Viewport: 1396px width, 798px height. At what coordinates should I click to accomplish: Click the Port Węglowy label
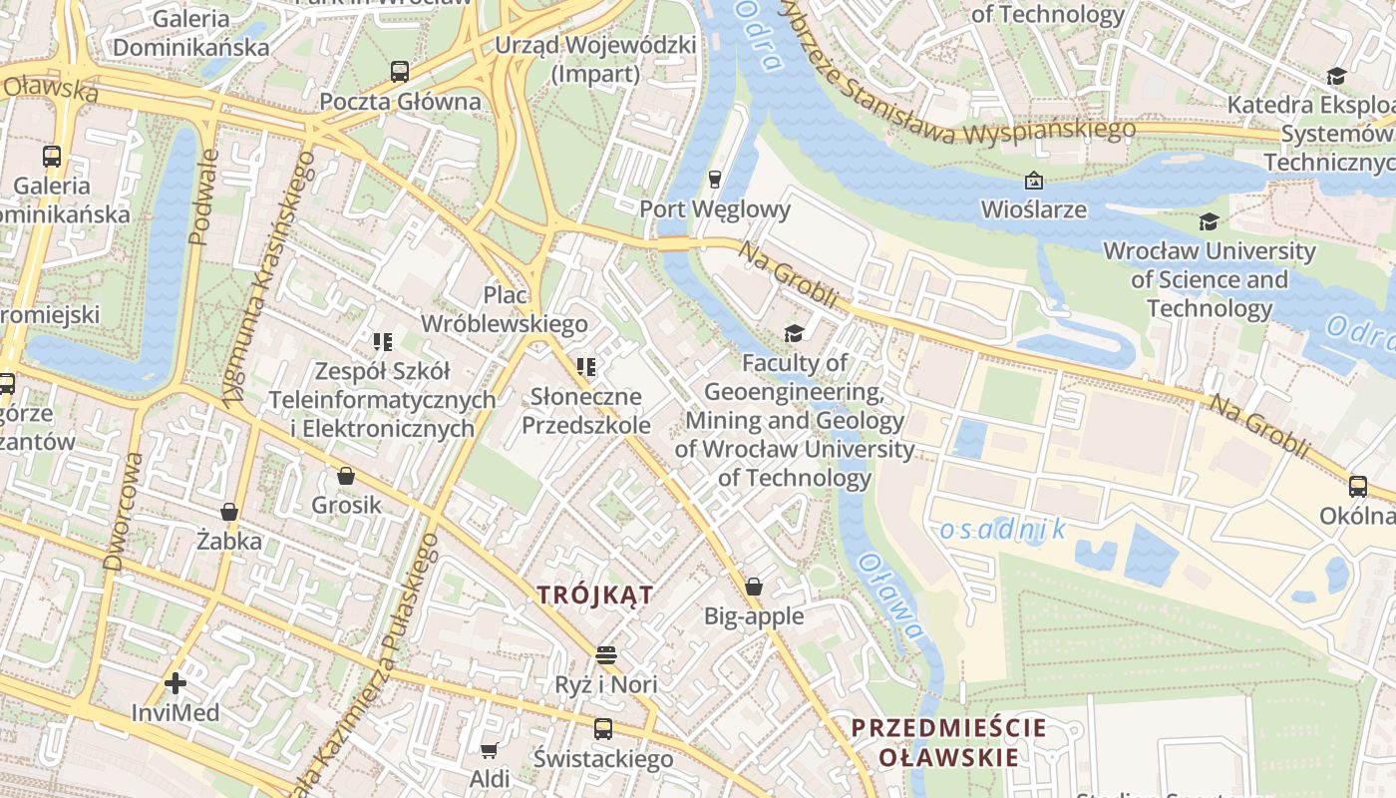tap(714, 209)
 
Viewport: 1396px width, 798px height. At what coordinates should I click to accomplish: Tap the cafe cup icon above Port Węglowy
tap(714, 180)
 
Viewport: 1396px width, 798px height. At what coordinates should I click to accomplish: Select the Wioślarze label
tap(1034, 209)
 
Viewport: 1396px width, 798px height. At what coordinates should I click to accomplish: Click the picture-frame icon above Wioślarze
tap(1034, 181)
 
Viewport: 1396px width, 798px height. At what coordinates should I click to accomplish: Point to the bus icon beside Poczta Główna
tap(400, 72)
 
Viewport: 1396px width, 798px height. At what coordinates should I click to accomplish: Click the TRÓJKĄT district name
tap(595, 596)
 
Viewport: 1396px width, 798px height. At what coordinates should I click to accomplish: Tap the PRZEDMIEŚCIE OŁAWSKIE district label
tap(948, 742)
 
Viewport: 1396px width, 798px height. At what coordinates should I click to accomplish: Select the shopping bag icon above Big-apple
tap(754, 587)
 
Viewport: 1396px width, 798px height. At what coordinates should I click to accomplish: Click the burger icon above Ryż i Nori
tap(606, 655)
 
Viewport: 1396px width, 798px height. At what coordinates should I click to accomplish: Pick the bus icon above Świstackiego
tap(603, 729)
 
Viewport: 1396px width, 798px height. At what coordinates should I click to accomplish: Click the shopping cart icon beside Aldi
tap(489, 749)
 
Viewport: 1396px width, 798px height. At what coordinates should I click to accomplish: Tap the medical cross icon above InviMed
tap(175, 683)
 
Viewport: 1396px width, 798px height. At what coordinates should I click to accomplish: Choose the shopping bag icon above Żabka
tap(229, 512)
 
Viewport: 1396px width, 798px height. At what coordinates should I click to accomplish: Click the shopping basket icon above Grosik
tap(346, 476)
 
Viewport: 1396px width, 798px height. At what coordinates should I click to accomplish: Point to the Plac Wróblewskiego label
tap(505, 309)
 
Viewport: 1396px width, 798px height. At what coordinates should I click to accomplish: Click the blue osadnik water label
tap(1002, 530)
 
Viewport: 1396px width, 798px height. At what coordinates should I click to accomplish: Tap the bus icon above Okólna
tap(1357, 487)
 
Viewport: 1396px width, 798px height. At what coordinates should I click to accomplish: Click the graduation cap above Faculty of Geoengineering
tap(794, 333)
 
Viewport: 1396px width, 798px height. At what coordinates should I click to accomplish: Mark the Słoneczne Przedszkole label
tap(586, 411)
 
